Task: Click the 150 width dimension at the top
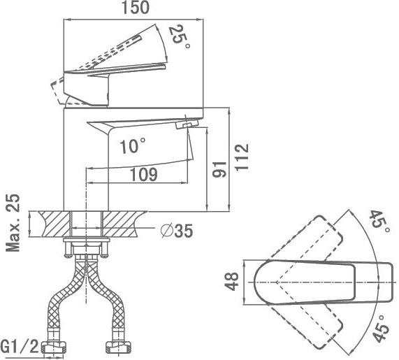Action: pyautogui.click(x=136, y=8)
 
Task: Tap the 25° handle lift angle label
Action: pyautogui.click(x=179, y=37)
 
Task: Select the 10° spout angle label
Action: pyautogui.click(x=133, y=146)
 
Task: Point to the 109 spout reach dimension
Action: pyautogui.click(x=144, y=175)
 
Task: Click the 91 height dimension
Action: pyautogui.click(x=219, y=170)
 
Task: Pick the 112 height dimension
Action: pyautogui.click(x=242, y=158)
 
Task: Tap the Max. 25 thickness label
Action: pyautogui.click(x=13, y=223)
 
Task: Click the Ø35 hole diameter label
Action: pyautogui.click(x=177, y=231)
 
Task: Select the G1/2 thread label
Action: pyautogui.click(x=20, y=347)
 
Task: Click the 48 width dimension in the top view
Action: pyautogui.click(x=232, y=282)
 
